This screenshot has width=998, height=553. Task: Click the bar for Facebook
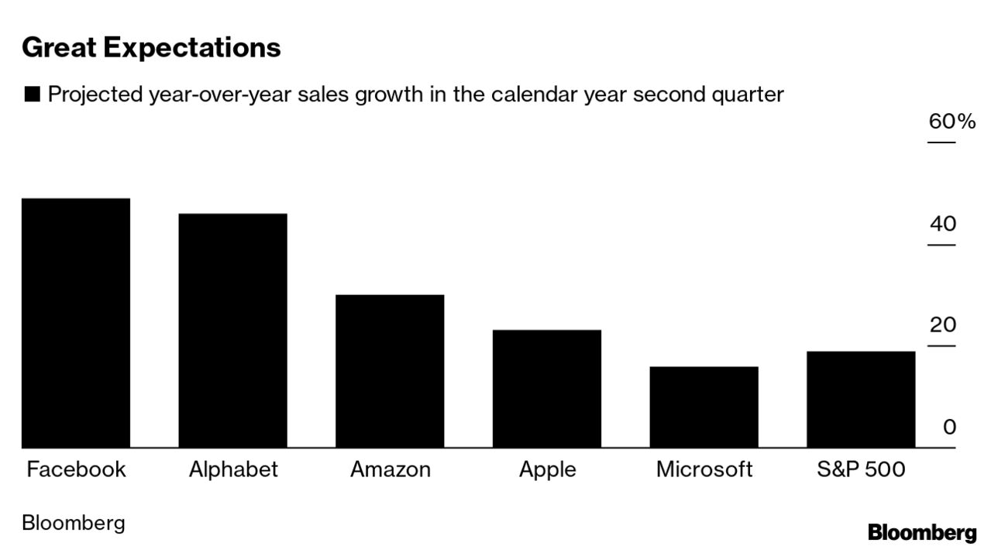click(76, 323)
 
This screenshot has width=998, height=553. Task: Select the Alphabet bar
click(232, 331)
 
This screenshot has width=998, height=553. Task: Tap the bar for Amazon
click(390, 371)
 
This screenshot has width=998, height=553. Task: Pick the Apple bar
click(547, 389)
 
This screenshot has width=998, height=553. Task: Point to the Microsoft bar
click(704, 407)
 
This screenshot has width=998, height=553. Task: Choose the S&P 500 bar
click(861, 400)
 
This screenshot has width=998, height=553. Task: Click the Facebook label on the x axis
click(76, 469)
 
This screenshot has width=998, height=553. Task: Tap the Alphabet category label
click(233, 469)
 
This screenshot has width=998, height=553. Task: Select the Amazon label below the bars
click(391, 469)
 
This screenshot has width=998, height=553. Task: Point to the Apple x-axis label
click(548, 470)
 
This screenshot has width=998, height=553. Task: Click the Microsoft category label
click(704, 469)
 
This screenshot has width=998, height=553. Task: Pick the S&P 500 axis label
click(861, 469)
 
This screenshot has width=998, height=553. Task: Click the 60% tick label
click(952, 122)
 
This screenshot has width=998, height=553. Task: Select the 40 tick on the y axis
click(943, 225)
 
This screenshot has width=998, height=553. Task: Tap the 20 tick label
click(943, 325)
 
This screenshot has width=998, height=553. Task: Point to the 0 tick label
click(949, 427)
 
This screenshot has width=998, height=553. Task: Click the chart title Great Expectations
click(151, 47)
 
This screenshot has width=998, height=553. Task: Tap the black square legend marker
click(32, 95)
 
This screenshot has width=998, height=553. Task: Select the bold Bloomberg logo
click(922, 533)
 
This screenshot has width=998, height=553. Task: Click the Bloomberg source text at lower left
click(73, 523)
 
